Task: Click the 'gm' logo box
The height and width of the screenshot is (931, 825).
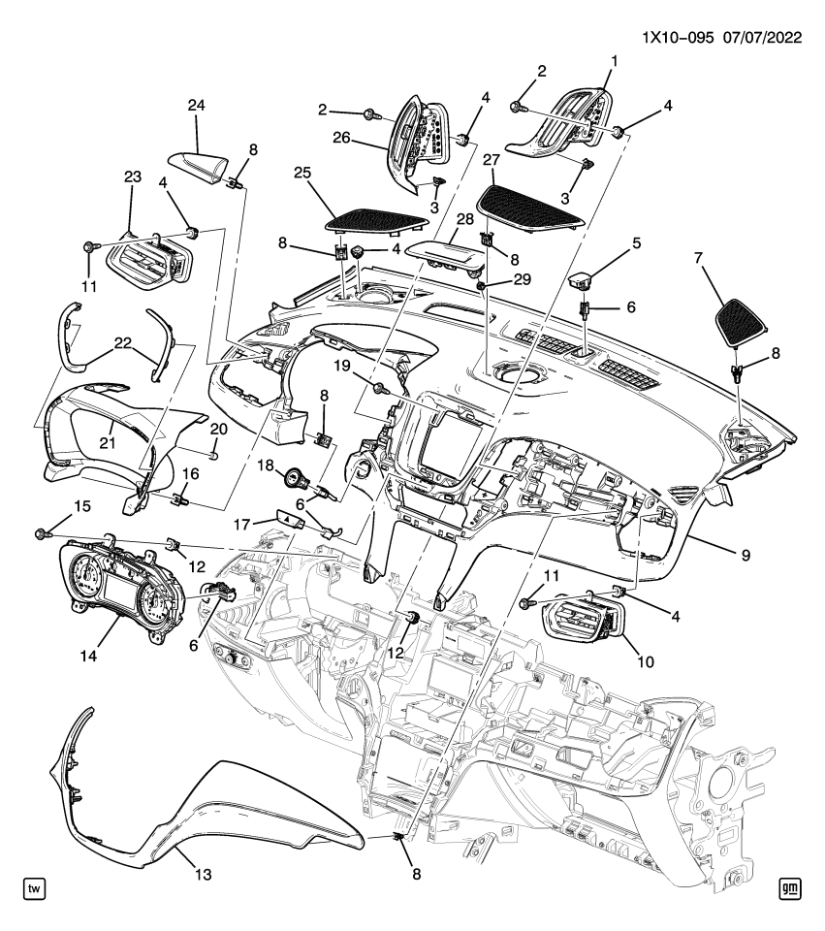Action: [x=789, y=888]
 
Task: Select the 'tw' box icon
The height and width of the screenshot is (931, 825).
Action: [x=35, y=888]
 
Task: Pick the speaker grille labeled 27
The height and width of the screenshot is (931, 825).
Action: [x=531, y=204]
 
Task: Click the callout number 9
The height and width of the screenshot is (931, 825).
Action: [x=746, y=556]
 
